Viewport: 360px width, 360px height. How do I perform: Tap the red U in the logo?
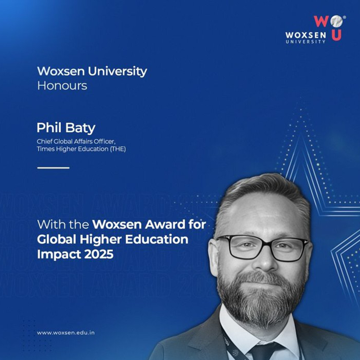[336, 36]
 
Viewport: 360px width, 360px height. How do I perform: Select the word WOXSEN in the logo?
[305, 35]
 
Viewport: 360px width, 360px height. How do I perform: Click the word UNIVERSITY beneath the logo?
[305, 42]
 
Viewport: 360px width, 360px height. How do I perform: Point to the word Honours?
[62, 86]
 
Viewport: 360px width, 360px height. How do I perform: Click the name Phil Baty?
[66, 128]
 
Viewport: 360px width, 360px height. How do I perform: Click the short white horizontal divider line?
[53, 168]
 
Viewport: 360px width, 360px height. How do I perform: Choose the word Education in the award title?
[157, 239]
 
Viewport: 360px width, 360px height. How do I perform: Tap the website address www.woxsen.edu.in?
[66, 333]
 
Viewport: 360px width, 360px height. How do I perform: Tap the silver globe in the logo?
[337, 21]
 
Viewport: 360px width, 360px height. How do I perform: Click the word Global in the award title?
[56, 239]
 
